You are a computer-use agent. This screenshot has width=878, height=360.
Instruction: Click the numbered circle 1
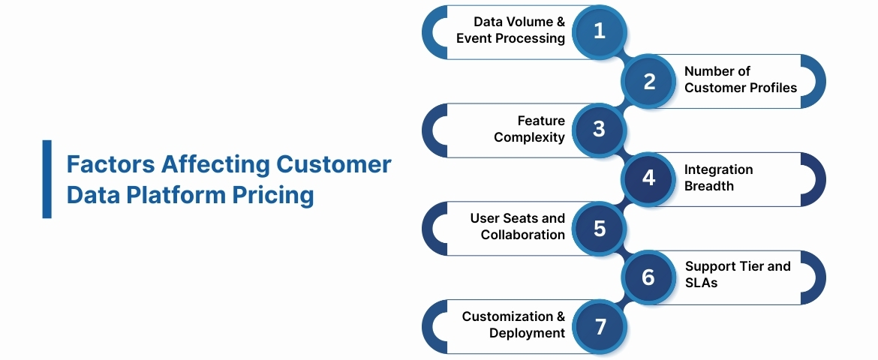pyautogui.click(x=599, y=31)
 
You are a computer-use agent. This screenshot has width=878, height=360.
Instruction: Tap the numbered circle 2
pyautogui.click(x=649, y=81)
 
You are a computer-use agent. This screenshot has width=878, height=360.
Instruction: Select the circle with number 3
pyautogui.click(x=599, y=130)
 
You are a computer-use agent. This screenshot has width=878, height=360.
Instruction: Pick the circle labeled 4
pyautogui.click(x=649, y=178)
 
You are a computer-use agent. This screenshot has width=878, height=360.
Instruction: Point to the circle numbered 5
pyautogui.click(x=599, y=228)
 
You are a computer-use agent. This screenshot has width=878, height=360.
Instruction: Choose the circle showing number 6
pyautogui.click(x=649, y=277)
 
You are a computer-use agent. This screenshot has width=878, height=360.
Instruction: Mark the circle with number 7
pyautogui.click(x=599, y=326)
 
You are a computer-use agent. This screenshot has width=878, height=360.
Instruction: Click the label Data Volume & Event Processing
pyautogui.click(x=510, y=30)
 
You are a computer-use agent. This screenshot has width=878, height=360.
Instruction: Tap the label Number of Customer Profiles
pyautogui.click(x=740, y=79)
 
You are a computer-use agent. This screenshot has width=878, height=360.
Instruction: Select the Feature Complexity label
pyautogui.click(x=529, y=129)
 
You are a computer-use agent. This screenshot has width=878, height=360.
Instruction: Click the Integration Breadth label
pyautogui.click(x=718, y=178)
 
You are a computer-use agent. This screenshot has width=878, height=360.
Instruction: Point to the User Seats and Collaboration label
pyautogui.click(x=517, y=226)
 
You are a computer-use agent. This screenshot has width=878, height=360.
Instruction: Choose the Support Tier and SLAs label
pyautogui.click(x=738, y=274)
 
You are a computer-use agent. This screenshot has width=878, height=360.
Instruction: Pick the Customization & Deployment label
pyautogui.click(x=513, y=324)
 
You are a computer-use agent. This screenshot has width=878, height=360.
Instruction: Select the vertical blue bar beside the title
pyautogui.click(x=47, y=178)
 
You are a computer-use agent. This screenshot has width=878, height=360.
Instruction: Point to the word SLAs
pyautogui.click(x=702, y=283)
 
